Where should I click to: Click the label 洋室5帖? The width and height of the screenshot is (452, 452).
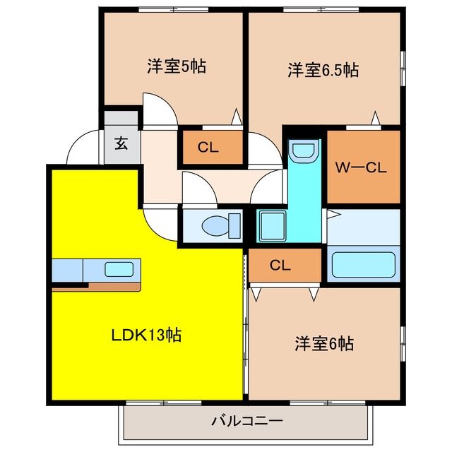point(177,66)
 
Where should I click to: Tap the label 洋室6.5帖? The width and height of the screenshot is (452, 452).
point(323,70)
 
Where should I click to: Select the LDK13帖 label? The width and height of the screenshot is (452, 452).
point(146,335)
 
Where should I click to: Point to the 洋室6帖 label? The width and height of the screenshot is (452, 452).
point(324,343)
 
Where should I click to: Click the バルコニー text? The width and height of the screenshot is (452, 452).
point(247,421)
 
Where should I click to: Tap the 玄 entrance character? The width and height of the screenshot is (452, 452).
point(121,143)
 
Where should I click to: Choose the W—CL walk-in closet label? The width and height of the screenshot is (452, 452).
point(361,168)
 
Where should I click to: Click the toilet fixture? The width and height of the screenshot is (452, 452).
point(221,226)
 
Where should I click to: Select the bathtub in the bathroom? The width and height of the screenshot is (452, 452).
point(364,265)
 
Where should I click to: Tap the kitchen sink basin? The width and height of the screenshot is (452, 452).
point(119,269)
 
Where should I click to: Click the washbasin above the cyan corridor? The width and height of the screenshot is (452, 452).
point(304,151)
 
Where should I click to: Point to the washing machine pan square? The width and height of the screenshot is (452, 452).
point(273,226)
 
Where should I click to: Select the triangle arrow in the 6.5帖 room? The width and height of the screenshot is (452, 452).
point(375,118)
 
